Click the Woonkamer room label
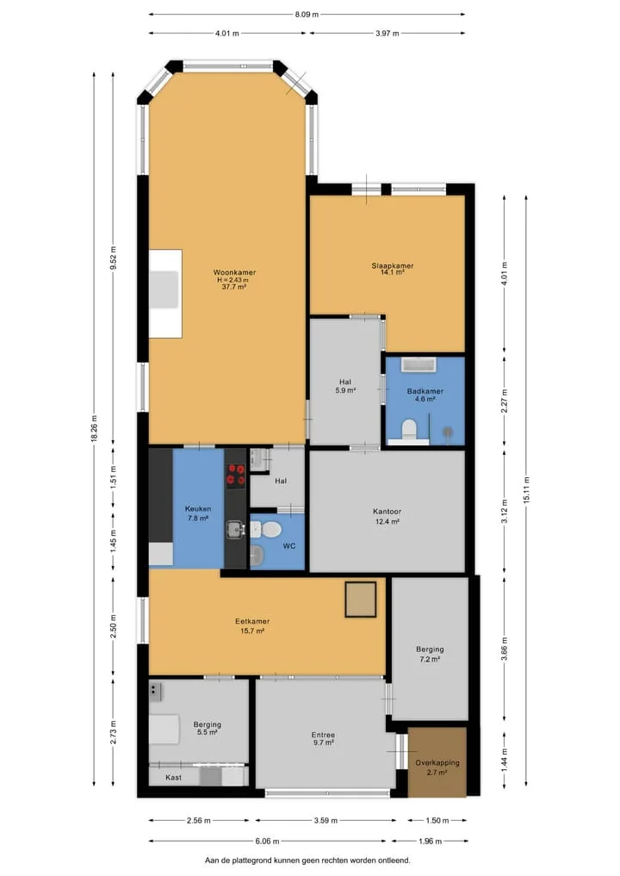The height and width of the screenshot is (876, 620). pyautogui.click(x=234, y=273)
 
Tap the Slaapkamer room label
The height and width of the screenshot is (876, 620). pyautogui.click(x=393, y=266)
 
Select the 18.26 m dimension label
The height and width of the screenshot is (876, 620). pyautogui.click(x=95, y=429)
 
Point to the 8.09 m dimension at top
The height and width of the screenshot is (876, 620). pyautogui.click(x=307, y=15)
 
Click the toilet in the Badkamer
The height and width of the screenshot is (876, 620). pyautogui.click(x=409, y=430)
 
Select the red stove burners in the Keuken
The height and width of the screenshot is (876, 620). pyautogui.click(x=236, y=475)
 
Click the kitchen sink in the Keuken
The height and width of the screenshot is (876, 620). pyautogui.click(x=235, y=529)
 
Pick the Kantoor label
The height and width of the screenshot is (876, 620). pyautogui.click(x=387, y=511)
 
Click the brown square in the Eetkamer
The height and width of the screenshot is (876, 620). pyautogui.click(x=360, y=600)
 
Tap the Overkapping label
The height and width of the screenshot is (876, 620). pyautogui.click(x=437, y=762)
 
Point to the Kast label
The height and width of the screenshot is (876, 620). pyautogui.click(x=173, y=777)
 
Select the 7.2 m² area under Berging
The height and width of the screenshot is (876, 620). pyautogui.click(x=430, y=659)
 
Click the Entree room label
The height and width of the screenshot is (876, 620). pyautogui.click(x=324, y=736)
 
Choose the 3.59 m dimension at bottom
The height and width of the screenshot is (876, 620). pyautogui.click(x=325, y=821)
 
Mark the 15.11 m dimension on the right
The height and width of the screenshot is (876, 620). pyautogui.click(x=526, y=490)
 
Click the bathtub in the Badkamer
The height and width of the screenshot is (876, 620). pyautogui.click(x=418, y=364)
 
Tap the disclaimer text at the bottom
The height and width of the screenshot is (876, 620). pyautogui.click(x=307, y=860)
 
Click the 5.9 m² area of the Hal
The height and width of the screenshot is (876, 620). pyautogui.click(x=345, y=390)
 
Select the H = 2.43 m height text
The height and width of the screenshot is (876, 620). pyautogui.click(x=234, y=280)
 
